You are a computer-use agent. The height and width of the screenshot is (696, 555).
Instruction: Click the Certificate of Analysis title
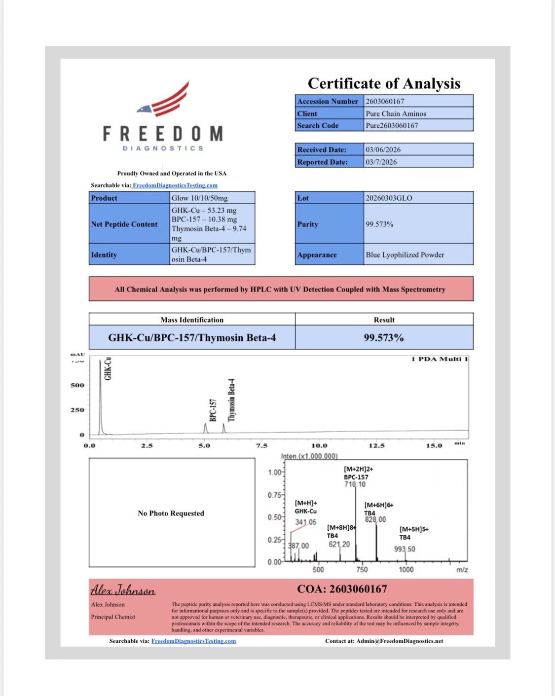point(384,83)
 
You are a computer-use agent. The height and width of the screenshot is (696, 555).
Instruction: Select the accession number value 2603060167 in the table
point(385,101)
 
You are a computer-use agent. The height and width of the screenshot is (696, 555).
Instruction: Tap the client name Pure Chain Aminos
point(396,113)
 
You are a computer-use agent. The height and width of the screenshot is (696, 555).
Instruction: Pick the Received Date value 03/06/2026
point(383,149)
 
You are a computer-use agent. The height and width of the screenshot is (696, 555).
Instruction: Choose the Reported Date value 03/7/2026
point(381,162)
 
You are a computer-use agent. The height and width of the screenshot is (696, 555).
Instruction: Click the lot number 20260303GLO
point(389,198)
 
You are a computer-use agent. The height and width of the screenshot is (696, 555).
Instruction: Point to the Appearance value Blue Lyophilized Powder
point(405,255)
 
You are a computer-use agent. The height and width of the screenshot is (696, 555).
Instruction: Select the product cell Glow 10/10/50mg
point(199,198)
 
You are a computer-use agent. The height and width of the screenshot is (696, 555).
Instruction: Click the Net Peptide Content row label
point(124,224)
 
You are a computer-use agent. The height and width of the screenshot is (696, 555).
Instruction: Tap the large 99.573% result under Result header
point(384,338)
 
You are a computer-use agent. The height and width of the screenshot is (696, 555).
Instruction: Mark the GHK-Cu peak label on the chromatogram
point(108,368)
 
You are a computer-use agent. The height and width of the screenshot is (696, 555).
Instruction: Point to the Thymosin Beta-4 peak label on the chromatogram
point(231,400)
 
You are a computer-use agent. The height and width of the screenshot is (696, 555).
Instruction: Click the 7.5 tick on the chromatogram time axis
point(261,445)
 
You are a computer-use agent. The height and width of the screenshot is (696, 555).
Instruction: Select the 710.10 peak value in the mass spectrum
point(355,484)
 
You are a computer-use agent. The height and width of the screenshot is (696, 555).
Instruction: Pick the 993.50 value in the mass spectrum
point(405,549)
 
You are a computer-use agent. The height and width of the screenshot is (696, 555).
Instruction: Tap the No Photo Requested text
point(171,513)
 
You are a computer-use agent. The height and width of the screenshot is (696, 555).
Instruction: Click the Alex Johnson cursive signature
point(123,590)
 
